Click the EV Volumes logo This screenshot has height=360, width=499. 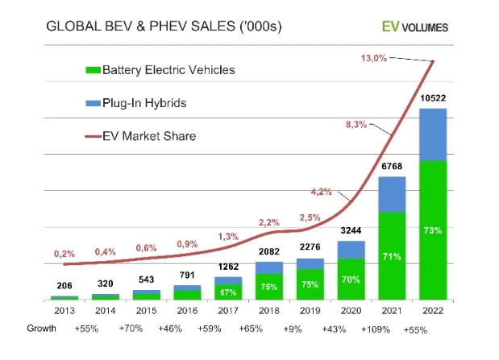click(415, 27)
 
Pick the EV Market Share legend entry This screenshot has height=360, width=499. click(139, 135)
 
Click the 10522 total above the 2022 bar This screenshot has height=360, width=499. click(433, 98)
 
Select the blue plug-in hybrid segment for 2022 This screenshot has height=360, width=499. click(433, 134)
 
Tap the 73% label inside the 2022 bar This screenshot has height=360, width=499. click(433, 231)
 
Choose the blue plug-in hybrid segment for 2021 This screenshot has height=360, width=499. click(391, 194)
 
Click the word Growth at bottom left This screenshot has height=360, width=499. click(41, 329)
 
